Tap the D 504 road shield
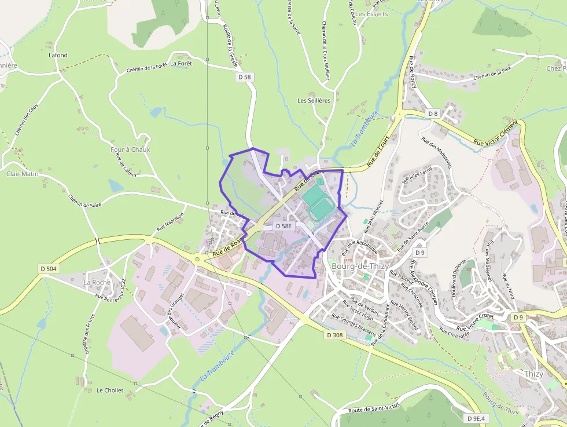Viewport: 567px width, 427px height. (x=49, y=268)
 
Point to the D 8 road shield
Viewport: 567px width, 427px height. (x=432, y=112)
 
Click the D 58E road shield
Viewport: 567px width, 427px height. (x=283, y=226)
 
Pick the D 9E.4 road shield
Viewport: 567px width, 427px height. (x=477, y=418)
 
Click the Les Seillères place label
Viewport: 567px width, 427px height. (x=314, y=100)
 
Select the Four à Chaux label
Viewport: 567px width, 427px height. (x=130, y=149)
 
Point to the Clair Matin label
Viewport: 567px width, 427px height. (x=22, y=173)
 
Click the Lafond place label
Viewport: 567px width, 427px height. (x=58, y=56)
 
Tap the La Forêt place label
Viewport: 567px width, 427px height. (x=181, y=63)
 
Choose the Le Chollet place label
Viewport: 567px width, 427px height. (x=110, y=390)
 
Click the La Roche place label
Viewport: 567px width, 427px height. (x=97, y=283)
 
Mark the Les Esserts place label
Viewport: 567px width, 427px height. (x=371, y=14)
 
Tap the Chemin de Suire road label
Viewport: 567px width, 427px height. (x=84, y=200)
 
